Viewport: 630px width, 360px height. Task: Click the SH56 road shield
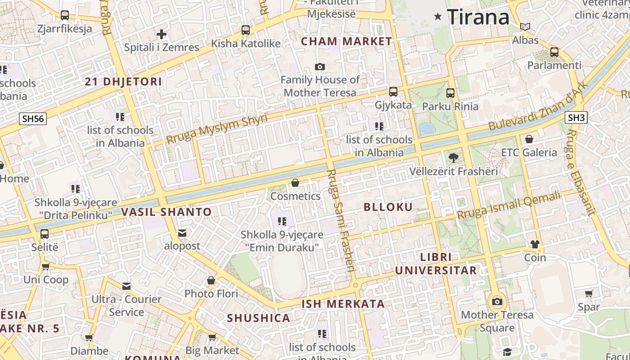pos(33,119)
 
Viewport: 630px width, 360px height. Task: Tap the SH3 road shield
pos(576,118)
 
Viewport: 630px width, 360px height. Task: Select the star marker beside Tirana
pos(437,17)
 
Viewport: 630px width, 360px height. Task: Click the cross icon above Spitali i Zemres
pos(162,34)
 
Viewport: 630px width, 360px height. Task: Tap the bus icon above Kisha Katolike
pos(245,30)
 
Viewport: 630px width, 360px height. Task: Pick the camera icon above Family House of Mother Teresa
pos(320,67)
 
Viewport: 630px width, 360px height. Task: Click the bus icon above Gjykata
pos(393,92)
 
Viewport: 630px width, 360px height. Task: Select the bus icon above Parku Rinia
pos(450,93)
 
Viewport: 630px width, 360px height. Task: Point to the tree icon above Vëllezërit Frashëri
pos(454,157)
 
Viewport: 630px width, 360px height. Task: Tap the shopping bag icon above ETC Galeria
pos(529,139)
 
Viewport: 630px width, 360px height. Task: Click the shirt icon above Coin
pos(535,244)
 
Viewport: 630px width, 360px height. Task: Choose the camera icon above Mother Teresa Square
pos(497,301)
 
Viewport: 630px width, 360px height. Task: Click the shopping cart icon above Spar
pos(589,294)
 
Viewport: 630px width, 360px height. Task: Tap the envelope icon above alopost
pos(182,233)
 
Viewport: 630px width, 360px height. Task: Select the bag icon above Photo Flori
pos(211,280)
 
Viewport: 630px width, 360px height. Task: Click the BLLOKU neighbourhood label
pos(388,207)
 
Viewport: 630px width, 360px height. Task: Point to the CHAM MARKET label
pos(346,41)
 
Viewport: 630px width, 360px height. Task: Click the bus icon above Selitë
pos(45,234)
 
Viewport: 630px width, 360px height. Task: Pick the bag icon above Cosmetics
pos(295,183)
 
